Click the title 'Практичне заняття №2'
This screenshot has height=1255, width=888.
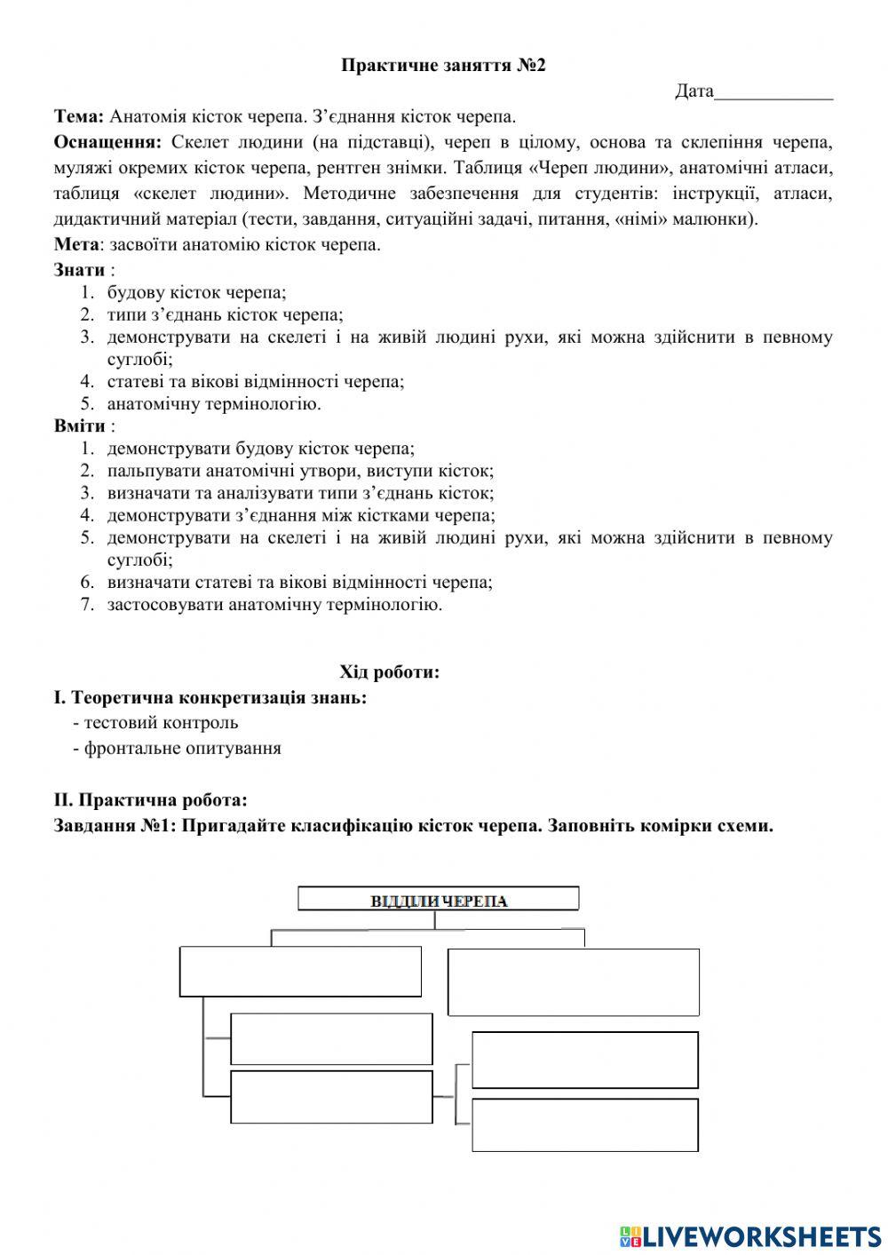pyautogui.click(x=443, y=65)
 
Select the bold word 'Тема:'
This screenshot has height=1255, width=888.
pyautogui.click(x=79, y=116)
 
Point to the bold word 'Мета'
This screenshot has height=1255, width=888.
pyautogui.click(x=75, y=244)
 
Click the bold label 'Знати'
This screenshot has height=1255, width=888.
pyautogui.click(x=79, y=270)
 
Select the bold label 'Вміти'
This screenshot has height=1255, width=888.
pyautogui.click(x=79, y=425)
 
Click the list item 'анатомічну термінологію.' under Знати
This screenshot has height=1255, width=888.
pyautogui.click(x=214, y=404)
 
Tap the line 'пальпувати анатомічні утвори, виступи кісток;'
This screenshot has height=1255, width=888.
pyautogui.click(x=300, y=471)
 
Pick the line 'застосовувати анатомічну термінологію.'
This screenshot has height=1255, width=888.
pyautogui.click(x=274, y=605)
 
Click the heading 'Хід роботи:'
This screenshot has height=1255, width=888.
pyautogui.click(x=389, y=671)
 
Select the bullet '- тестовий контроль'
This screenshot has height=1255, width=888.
pyautogui.click(x=155, y=722)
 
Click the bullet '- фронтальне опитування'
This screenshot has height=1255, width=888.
pyautogui.click(x=177, y=748)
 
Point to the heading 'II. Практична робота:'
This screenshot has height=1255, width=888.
pyautogui.click(x=150, y=800)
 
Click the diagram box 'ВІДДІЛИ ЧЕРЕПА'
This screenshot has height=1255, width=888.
pyautogui.click(x=438, y=900)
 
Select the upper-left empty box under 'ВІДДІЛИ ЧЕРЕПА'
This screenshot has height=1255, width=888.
pyautogui.click(x=300, y=971)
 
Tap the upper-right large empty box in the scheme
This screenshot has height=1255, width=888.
pyautogui.click(x=573, y=981)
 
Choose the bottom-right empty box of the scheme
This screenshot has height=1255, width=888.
pyautogui.click(x=584, y=1124)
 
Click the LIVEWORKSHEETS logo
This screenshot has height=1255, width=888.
pyautogui.click(x=750, y=1236)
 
